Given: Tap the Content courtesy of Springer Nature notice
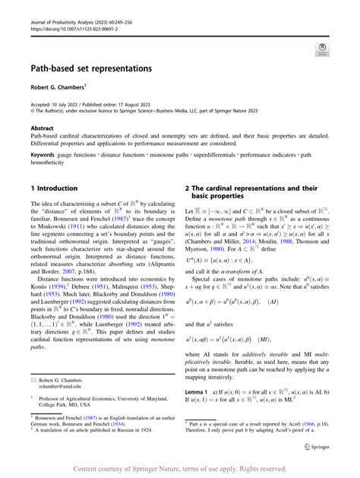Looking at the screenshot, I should [180, 468].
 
